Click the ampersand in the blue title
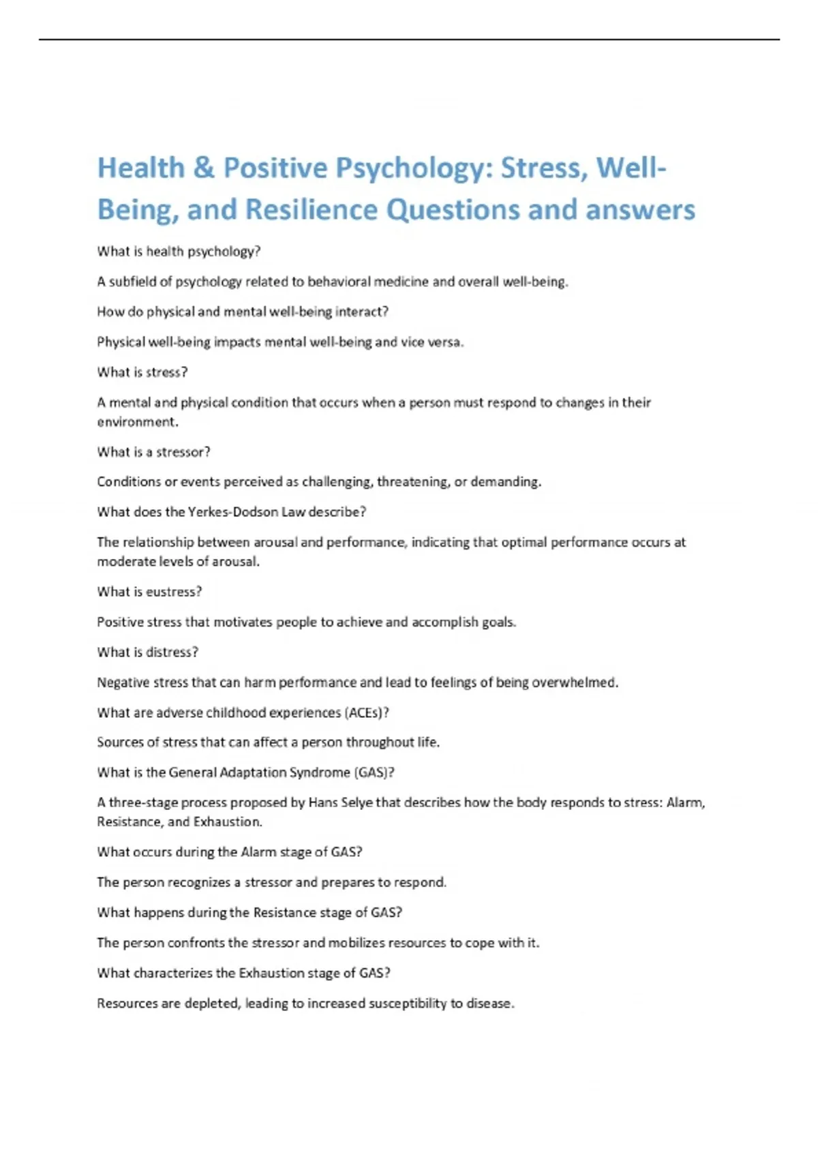204,168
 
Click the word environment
137,422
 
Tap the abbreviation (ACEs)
366,712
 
